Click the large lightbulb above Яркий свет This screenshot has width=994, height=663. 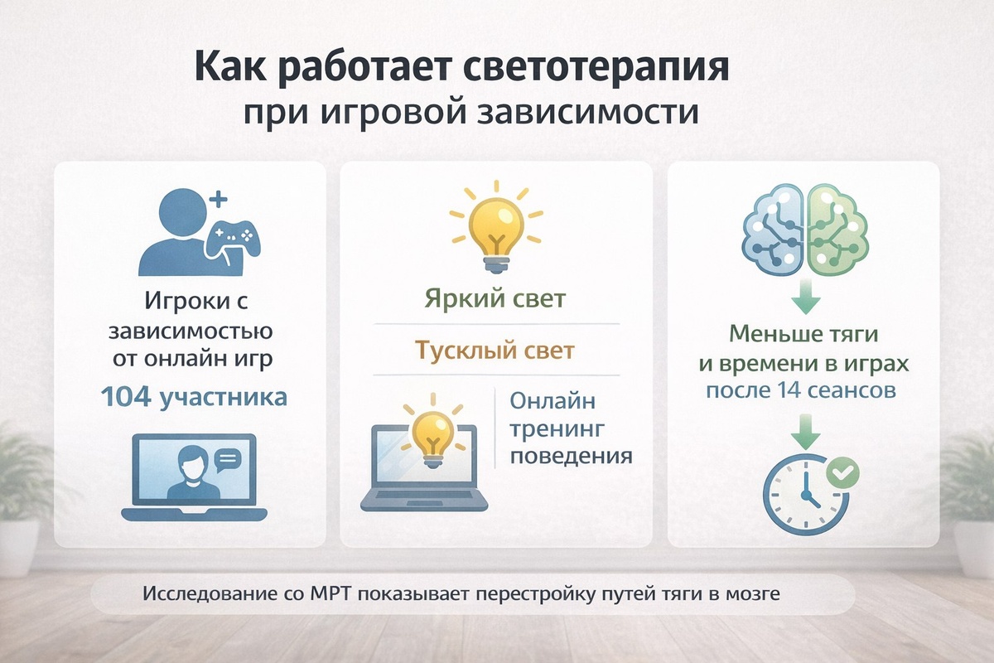(495, 226)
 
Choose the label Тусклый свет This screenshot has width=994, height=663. (495, 350)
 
